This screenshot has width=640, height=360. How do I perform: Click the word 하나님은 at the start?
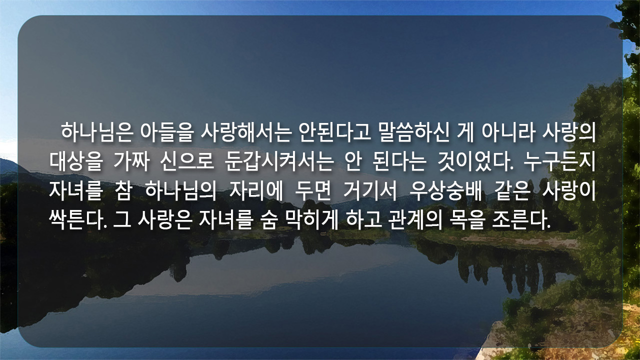pos(97,132)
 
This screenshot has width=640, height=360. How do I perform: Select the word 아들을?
pos(167,132)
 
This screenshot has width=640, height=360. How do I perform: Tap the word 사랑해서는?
pos(246,132)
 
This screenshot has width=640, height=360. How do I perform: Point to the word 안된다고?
pos(334,132)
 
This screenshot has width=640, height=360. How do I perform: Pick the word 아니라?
pos(508,132)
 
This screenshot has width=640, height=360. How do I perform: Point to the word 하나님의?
pos(180,191)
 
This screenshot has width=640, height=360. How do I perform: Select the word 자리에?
pos(255,191)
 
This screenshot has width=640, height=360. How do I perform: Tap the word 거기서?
pos(370,191)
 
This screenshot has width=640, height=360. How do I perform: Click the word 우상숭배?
pos(445,191)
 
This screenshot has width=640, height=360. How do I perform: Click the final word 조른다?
pos(521,220)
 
